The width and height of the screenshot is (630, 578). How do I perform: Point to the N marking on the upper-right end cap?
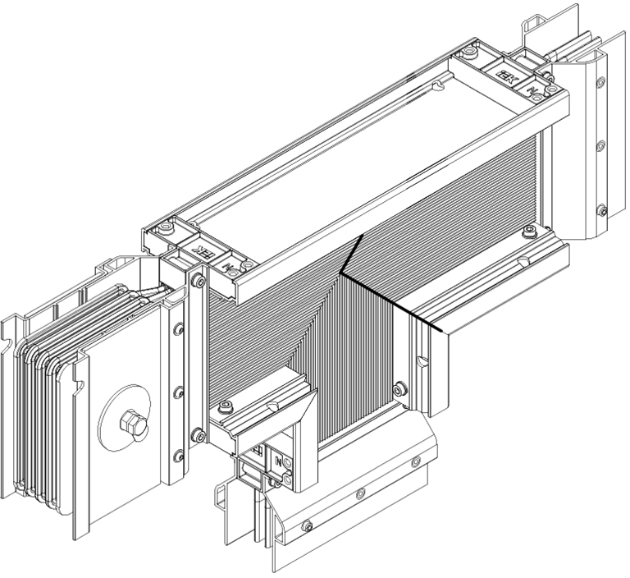[535, 87]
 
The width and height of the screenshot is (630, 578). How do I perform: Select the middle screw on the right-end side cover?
[600, 144]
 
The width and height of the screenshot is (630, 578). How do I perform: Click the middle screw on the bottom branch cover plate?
[358, 493]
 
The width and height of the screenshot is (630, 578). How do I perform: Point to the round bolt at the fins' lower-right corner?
[399, 388]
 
